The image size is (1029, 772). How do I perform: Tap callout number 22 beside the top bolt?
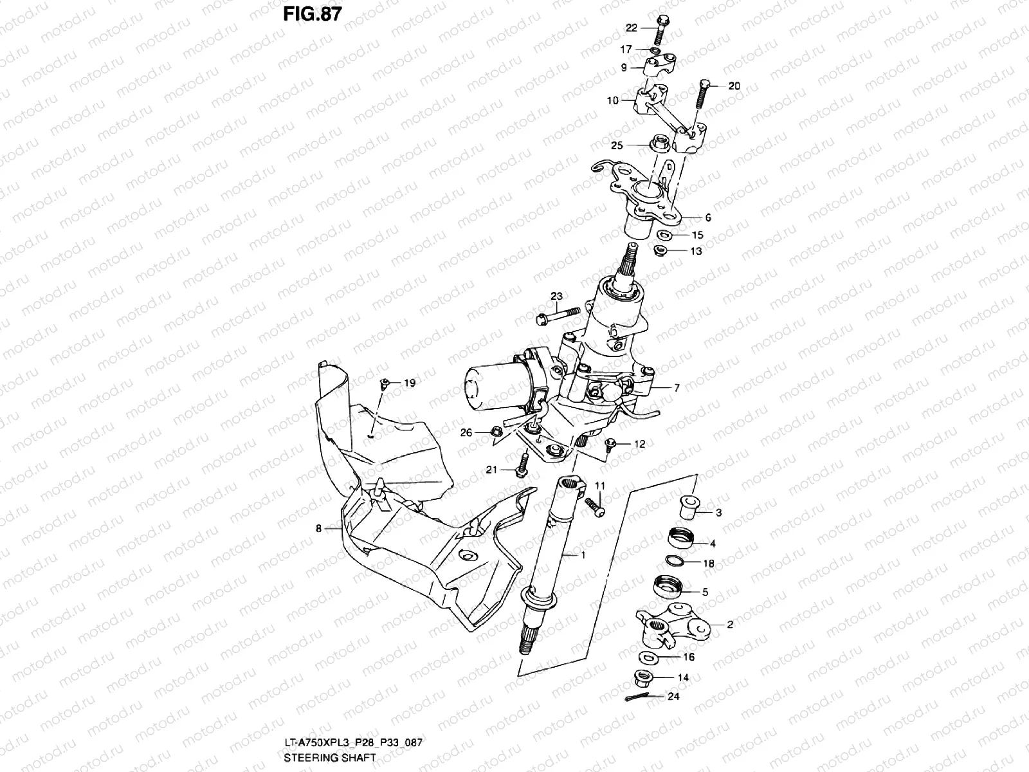click(631, 28)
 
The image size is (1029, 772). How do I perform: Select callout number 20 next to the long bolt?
click(734, 86)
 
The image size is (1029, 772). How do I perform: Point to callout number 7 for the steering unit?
click(677, 388)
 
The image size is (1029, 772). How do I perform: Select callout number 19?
click(410, 383)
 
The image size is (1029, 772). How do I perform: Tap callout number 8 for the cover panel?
click(318, 529)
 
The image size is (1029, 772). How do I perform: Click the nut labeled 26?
click(496, 432)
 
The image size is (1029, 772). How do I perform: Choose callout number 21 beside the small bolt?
click(491, 470)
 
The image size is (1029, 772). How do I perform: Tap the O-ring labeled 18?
click(675, 560)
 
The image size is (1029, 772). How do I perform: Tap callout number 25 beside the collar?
click(617, 146)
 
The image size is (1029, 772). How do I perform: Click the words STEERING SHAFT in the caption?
click(329, 758)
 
